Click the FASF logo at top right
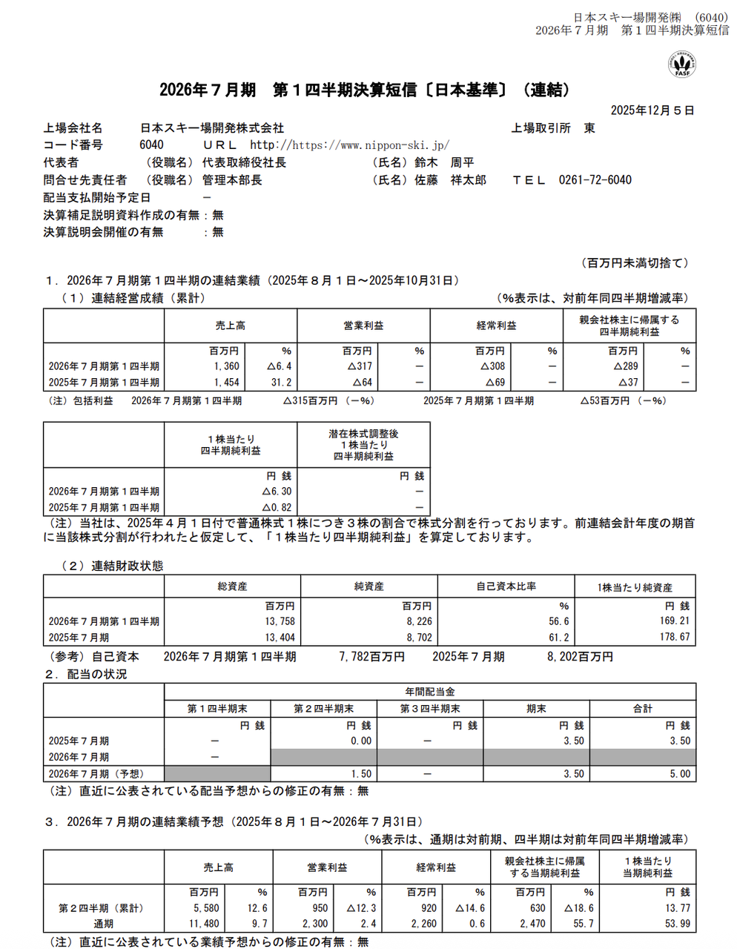coord(681,65)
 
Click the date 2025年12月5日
coord(652,110)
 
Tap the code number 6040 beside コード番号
coord(151,145)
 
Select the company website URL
coord(349,145)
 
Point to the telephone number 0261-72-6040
coord(595,180)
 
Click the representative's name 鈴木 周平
coord(444,162)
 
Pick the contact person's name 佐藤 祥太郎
coord(450,180)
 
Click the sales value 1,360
coord(226,366)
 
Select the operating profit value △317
coord(360,366)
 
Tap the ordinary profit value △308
coord(492,366)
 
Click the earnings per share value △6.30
coord(277,492)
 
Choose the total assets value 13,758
coord(280,621)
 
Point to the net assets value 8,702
coord(419,638)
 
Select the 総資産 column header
coord(232,586)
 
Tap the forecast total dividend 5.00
coord(679,774)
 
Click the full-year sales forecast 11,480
coord(204,924)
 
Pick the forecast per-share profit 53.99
coord(677,924)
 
